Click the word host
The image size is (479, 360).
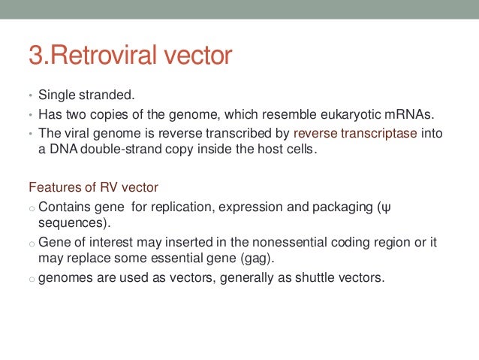pos(264,150)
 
